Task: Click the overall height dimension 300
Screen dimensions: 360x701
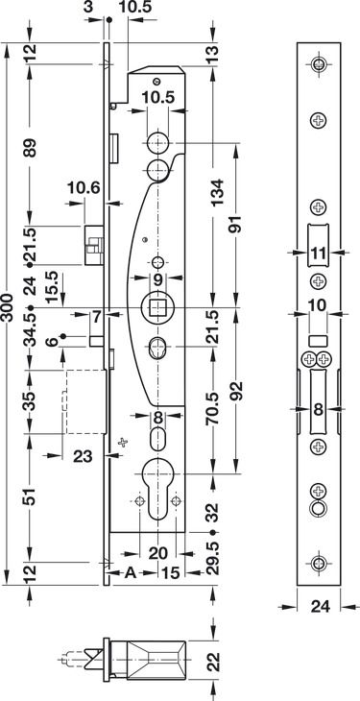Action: pyautogui.click(x=7, y=307)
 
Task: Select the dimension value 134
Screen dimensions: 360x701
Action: pyautogui.click(x=216, y=192)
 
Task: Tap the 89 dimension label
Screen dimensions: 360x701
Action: pyautogui.click(x=30, y=148)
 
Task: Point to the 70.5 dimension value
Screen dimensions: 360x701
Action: pyautogui.click(x=212, y=409)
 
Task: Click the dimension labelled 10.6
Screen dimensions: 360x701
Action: pyautogui.click(x=84, y=188)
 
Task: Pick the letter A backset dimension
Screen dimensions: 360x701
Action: pyautogui.click(x=130, y=572)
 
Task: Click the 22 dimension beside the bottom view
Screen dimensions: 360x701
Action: pyautogui.click(x=216, y=662)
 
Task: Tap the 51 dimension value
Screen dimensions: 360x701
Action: pyautogui.click(x=30, y=496)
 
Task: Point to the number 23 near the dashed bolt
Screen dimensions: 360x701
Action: pyautogui.click(x=84, y=456)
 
